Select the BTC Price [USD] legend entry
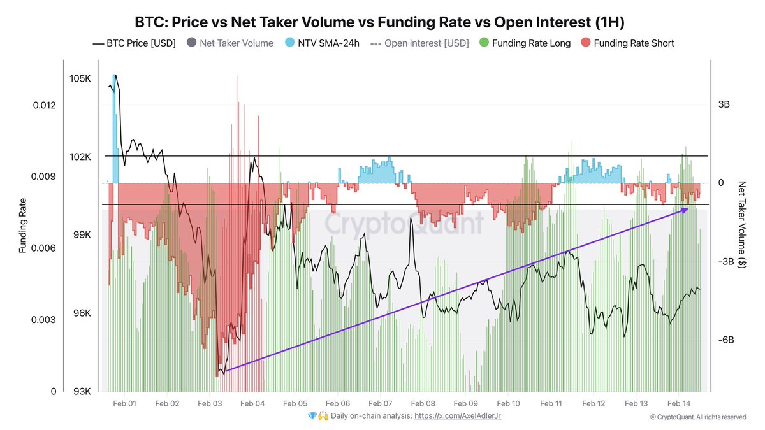[135, 43]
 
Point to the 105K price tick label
[81, 78]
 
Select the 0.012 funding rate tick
[46, 105]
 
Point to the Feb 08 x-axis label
[423, 404]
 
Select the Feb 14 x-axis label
[679, 404]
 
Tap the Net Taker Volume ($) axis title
[742, 224]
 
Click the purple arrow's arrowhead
[685, 209]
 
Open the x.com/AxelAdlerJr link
[462, 416]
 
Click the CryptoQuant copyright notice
[697, 417]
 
